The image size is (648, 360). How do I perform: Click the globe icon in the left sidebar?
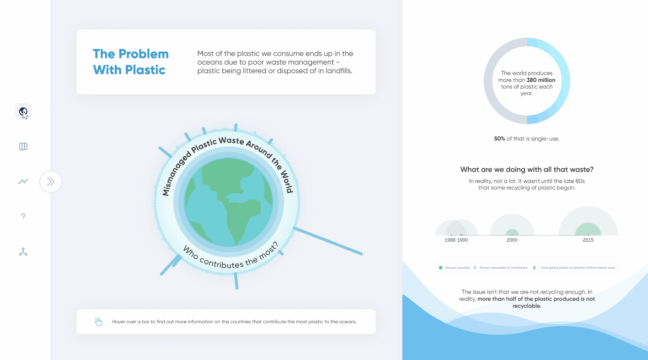coord(23,111)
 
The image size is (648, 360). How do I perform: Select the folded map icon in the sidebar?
coord(23,147)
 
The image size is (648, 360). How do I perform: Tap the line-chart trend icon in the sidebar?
coord(23,182)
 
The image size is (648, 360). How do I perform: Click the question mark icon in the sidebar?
coord(23,216)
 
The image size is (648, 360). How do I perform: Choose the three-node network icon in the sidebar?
coord(23,252)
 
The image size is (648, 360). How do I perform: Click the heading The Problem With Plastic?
coord(131,62)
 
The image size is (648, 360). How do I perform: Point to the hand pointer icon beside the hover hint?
coord(98,321)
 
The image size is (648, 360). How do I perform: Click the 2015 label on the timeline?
coord(588,240)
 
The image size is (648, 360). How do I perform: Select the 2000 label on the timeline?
coord(512,240)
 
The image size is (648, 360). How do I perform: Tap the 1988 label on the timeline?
coord(450,240)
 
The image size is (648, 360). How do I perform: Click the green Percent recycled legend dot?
coord(441,267)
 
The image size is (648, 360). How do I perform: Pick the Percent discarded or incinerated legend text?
coord(503,268)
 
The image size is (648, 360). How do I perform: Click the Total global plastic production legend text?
coord(578,268)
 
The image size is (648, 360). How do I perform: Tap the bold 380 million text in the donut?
coord(541,80)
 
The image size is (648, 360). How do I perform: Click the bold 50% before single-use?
coord(500,139)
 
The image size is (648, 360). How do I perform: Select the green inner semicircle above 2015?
coord(588,229)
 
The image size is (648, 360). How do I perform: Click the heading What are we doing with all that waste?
coord(527,169)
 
